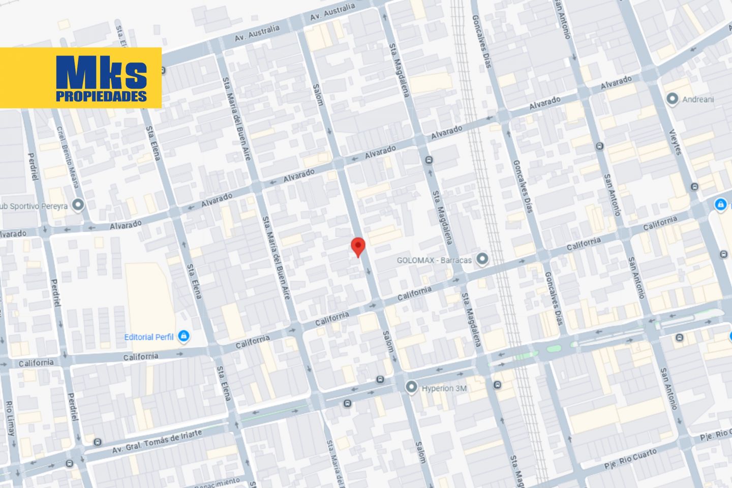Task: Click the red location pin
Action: [x=359, y=247]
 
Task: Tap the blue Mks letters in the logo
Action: [x=101, y=72]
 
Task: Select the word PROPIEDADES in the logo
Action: [x=101, y=97]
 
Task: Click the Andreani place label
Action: [x=697, y=99]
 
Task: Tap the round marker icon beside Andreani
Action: [x=673, y=99]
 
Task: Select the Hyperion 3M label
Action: [x=444, y=388]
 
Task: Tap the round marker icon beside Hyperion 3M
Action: [x=411, y=388]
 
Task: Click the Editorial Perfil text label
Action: [x=148, y=337]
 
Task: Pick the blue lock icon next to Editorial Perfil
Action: [x=184, y=336]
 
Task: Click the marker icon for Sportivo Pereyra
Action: [x=78, y=205]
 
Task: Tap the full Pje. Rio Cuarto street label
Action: [x=630, y=459]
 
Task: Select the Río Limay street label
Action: [x=10, y=418]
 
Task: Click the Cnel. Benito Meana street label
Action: [x=68, y=157]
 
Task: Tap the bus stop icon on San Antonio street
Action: [x=600, y=146]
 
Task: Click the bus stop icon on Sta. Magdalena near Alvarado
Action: [x=430, y=160]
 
